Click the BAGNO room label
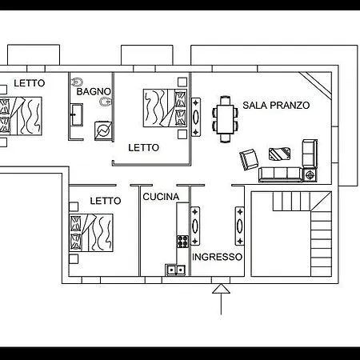pos(94,91)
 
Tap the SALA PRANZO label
pos(276,106)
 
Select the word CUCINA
pos(161,197)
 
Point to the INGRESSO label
pos(217,257)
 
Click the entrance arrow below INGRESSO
pos(221,299)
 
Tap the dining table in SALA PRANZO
pos(226,119)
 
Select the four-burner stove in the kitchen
pos(183,241)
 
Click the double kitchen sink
pos(176,270)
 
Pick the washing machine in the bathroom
pos(103,130)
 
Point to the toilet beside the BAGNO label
pos(78,82)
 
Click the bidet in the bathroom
pos(106,102)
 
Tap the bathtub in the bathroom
pos(77,115)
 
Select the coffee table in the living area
pos(279,154)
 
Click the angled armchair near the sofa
pos(249,159)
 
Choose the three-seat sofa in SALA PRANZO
pos(281,174)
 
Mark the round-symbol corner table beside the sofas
pos(310,175)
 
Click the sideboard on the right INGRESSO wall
pos(240,226)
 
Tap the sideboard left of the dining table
pos(196,117)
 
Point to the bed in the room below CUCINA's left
pos(91,233)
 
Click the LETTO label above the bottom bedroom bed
pos(106,201)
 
